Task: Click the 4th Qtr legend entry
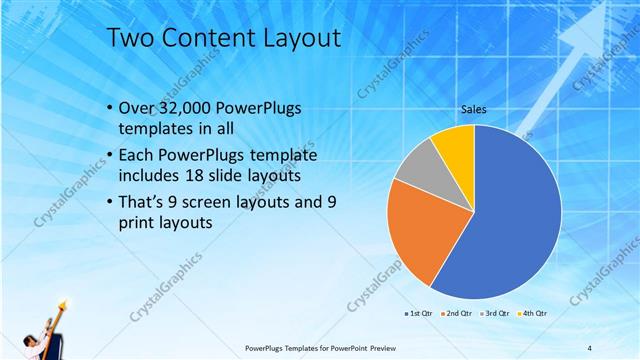coord(534,313)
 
